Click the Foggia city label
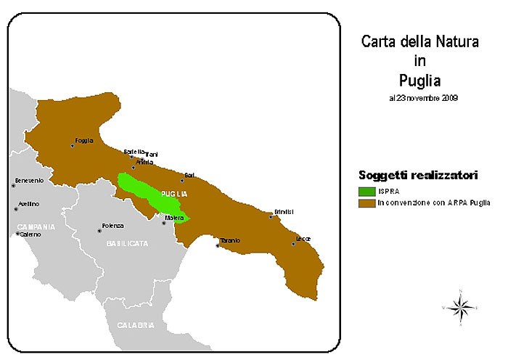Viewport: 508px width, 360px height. coord(84,140)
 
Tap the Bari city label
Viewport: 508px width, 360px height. coord(189,175)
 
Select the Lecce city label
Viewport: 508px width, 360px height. coord(303,238)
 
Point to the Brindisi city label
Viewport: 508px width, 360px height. coord(283,211)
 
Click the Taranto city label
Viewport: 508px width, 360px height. coord(230,240)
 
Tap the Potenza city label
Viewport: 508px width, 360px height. coord(112,226)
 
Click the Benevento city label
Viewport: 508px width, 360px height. coord(29,180)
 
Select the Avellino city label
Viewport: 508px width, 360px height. coord(28,204)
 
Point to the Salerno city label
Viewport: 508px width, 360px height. coord(30,234)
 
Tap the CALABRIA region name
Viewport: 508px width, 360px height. coord(136,326)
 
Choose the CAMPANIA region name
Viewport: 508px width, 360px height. coord(36,226)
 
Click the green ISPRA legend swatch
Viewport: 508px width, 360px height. coord(367,191)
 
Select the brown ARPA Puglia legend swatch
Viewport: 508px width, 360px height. coord(367,202)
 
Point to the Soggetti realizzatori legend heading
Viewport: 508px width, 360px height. coord(418,176)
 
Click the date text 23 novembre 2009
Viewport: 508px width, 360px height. coord(423,97)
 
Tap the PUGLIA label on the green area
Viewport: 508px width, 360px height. coord(174,195)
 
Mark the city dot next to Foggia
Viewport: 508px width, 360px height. coord(72,146)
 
